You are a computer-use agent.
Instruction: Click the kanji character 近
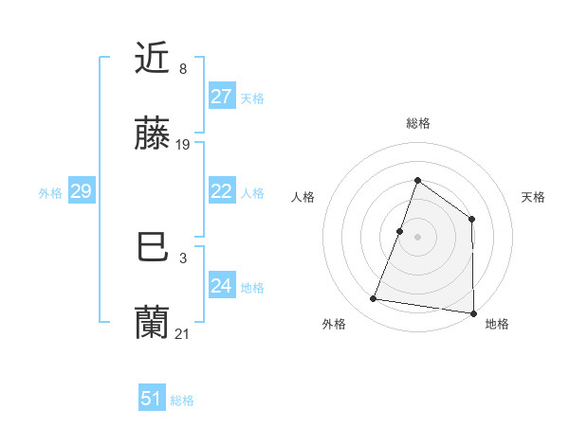coord(153,59)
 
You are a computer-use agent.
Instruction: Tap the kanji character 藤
coord(153,135)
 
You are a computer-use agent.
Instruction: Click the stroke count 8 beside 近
coord(183,69)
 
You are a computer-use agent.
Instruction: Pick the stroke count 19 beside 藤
coord(184,145)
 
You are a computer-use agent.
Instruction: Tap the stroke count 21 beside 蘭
coord(183,333)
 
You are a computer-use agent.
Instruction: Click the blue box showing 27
coord(221,97)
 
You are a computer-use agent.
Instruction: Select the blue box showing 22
coord(221,191)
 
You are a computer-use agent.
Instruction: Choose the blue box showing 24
coord(221,286)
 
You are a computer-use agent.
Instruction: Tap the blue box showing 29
coord(81,191)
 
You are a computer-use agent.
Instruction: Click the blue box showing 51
coord(151,399)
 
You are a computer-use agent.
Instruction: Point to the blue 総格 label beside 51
coord(182,400)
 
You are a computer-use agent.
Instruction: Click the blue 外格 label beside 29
coord(50,193)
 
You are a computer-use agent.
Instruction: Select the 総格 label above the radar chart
coord(418,123)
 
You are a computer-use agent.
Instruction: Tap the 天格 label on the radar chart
coord(534,197)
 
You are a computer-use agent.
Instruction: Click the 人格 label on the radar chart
coord(303,197)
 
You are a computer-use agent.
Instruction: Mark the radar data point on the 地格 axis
coord(473,312)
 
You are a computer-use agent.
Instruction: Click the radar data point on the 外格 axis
coord(374,299)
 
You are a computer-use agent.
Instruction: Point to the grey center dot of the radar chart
coord(417,237)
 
